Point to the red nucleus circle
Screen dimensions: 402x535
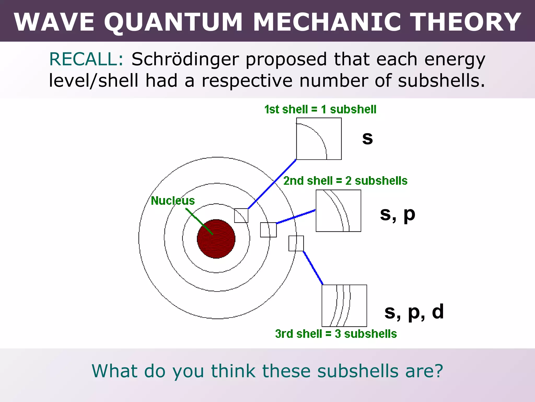(x=216, y=239)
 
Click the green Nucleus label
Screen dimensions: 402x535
(x=173, y=201)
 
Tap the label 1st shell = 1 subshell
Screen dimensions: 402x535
(x=320, y=109)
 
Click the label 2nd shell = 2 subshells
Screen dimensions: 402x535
(x=345, y=181)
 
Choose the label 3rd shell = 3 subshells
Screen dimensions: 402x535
(x=336, y=334)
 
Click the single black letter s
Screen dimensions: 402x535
(x=367, y=138)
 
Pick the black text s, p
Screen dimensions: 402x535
(x=397, y=214)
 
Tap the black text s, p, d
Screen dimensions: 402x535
(x=414, y=312)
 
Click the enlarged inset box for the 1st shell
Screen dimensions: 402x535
(x=319, y=139)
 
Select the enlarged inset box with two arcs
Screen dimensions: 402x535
(x=338, y=211)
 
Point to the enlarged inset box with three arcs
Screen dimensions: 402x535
(x=344, y=306)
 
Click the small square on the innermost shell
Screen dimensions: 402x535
(x=241, y=215)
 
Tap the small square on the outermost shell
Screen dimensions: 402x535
(x=296, y=243)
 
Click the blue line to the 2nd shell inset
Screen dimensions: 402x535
(x=296, y=217)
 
